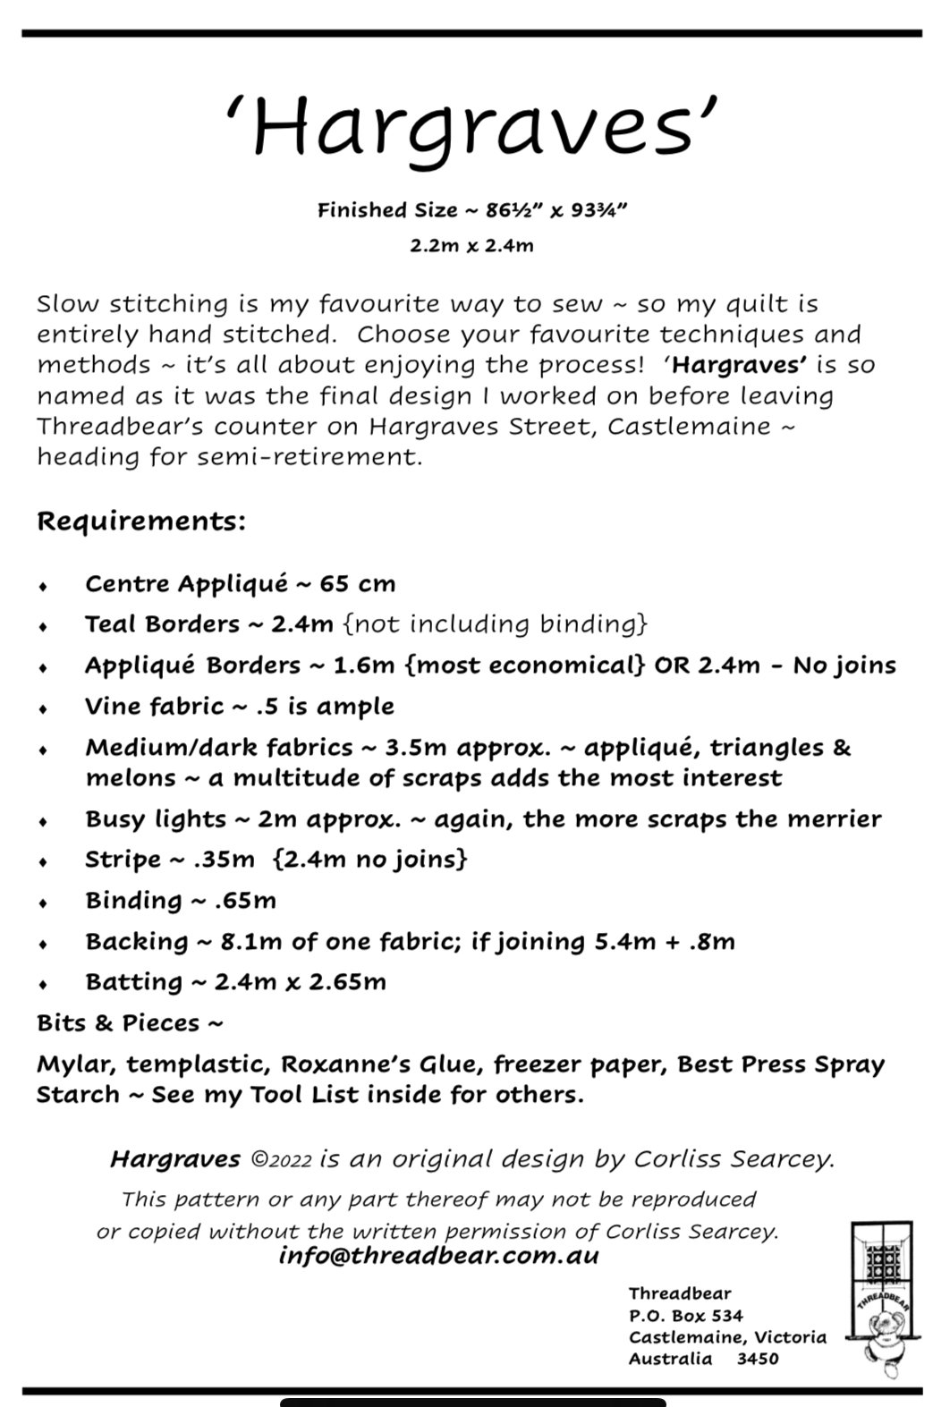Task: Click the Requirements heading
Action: pyautogui.click(x=140, y=521)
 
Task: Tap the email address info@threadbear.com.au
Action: pyautogui.click(x=438, y=1256)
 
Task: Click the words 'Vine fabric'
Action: pyautogui.click(x=154, y=707)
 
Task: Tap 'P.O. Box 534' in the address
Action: pyautogui.click(x=685, y=1316)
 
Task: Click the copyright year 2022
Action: pyautogui.click(x=291, y=1161)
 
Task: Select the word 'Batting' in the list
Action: pyautogui.click(x=133, y=982)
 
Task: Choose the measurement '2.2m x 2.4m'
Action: pyautogui.click(x=471, y=245)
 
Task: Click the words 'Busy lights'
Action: pyautogui.click(x=156, y=819)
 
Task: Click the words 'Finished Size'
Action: pyautogui.click(x=374, y=211)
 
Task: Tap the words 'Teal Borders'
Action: pyautogui.click(x=163, y=624)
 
